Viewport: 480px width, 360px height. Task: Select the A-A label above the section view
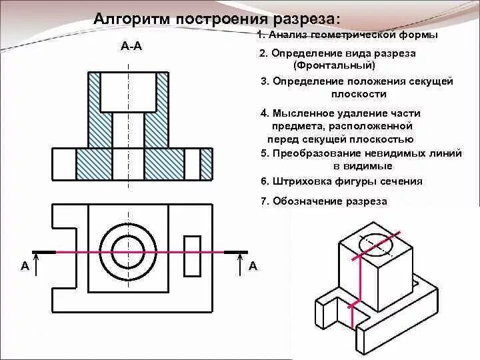tap(131, 46)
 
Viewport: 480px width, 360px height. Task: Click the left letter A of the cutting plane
tap(25, 266)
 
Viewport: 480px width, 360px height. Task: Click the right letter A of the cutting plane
tap(253, 266)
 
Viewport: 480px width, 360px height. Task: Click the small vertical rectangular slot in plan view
tap(192, 255)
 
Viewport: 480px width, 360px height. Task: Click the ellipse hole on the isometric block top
tap(376, 245)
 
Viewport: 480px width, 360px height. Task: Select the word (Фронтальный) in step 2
tap(334, 66)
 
